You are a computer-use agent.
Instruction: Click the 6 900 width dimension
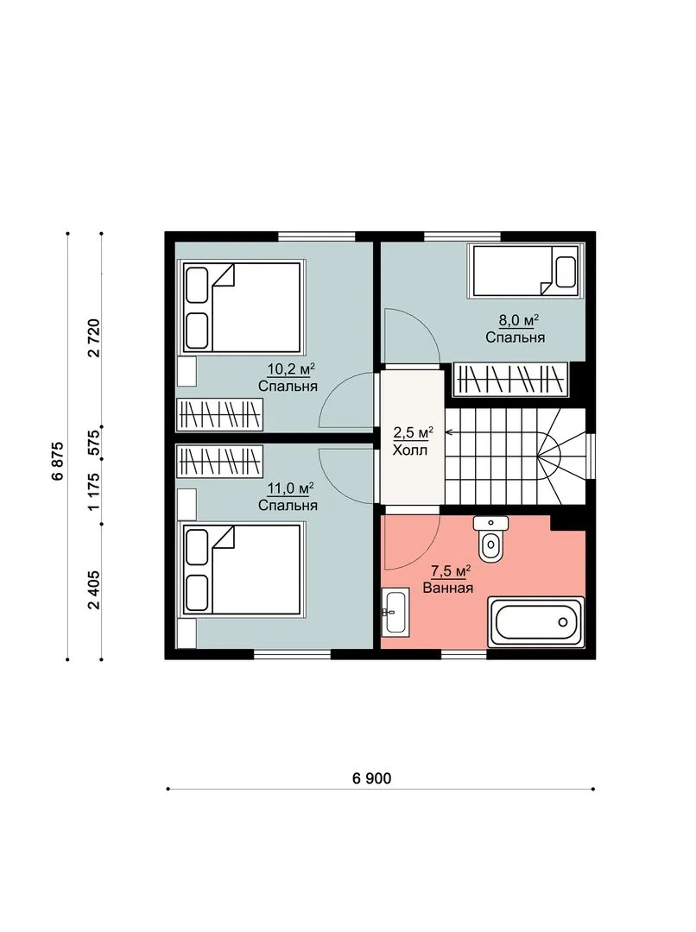[372, 778]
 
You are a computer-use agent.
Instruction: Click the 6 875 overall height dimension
[58, 461]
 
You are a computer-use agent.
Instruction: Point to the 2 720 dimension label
[93, 337]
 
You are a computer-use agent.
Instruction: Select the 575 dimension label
[93, 443]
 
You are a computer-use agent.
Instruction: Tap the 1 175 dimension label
[93, 491]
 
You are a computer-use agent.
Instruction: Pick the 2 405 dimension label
[93, 590]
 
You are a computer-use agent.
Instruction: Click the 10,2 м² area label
[290, 369]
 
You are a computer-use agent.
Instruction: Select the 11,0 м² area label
[290, 488]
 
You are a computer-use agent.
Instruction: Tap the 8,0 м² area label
[518, 321]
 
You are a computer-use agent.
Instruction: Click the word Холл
[410, 450]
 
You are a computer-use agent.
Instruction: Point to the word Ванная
[448, 589]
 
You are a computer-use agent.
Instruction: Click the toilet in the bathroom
[490, 538]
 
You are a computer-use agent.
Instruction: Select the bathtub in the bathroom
[535, 621]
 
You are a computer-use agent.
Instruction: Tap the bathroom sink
[395, 612]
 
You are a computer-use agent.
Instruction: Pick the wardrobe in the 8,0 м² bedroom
[510, 380]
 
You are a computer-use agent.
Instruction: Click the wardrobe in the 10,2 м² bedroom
[219, 414]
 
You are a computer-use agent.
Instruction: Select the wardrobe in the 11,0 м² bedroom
[219, 461]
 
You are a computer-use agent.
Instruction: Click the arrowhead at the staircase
[448, 432]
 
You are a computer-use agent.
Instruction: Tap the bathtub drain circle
[563, 622]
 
